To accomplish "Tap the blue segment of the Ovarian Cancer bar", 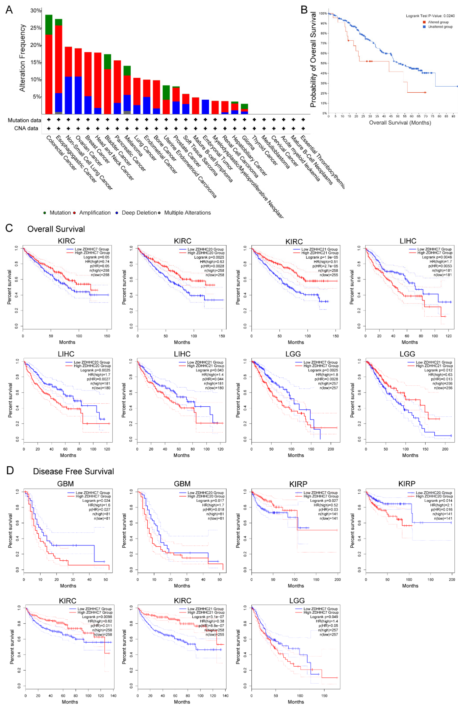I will click(78, 95).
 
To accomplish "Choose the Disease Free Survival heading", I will click(73, 471).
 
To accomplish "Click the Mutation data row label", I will click(24, 120).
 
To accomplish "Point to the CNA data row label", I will click(26, 128).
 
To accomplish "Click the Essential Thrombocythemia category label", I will click(322, 162).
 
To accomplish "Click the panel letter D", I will click(10, 470).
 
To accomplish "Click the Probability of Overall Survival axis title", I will click(313, 59).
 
